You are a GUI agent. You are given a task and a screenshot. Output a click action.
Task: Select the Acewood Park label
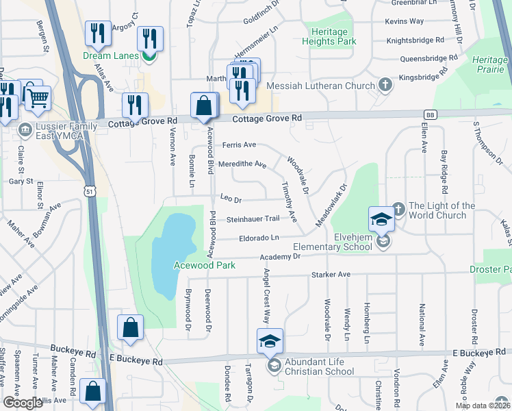pyautogui.click(x=205, y=264)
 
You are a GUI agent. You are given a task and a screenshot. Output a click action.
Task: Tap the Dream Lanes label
pyautogui.click(x=110, y=55)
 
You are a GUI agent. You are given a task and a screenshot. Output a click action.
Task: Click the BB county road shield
pyautogui.click(x=430, y=115)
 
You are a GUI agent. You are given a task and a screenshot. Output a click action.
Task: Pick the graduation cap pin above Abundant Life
pyautogui.click(x=270, y=341)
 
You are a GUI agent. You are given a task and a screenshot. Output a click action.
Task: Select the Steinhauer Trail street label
pyautogui.click(x=253, y=219)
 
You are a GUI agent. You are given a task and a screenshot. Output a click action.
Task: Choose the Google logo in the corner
pyautogui.click(x=23, y=403)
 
